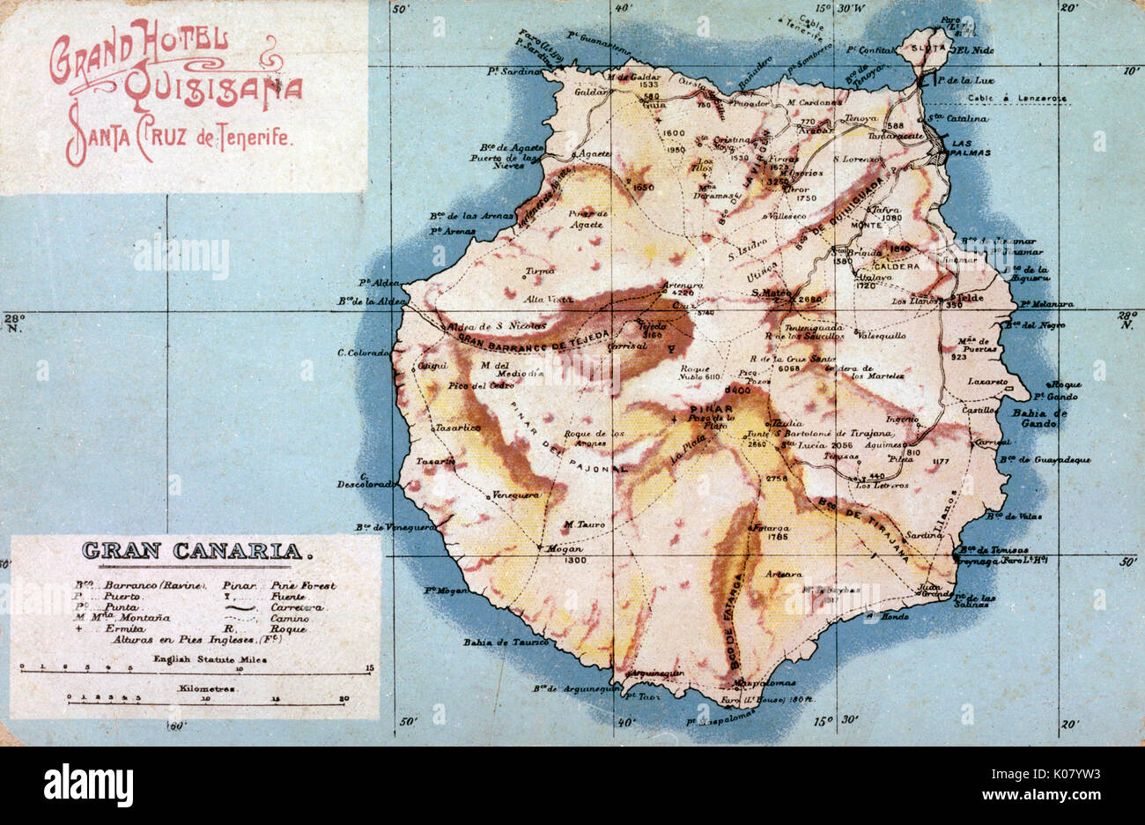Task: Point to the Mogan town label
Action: point(561,548)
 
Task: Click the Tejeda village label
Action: point(652,324)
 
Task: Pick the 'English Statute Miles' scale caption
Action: point(196,658)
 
